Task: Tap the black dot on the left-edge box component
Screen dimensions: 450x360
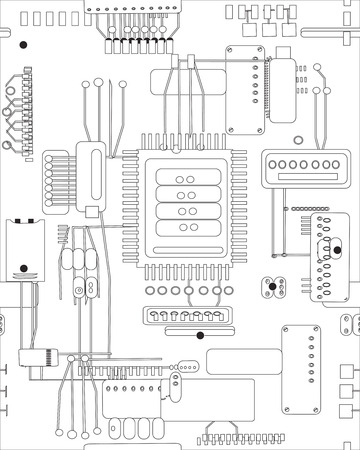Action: pyautogui.click(x=20, y=268)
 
